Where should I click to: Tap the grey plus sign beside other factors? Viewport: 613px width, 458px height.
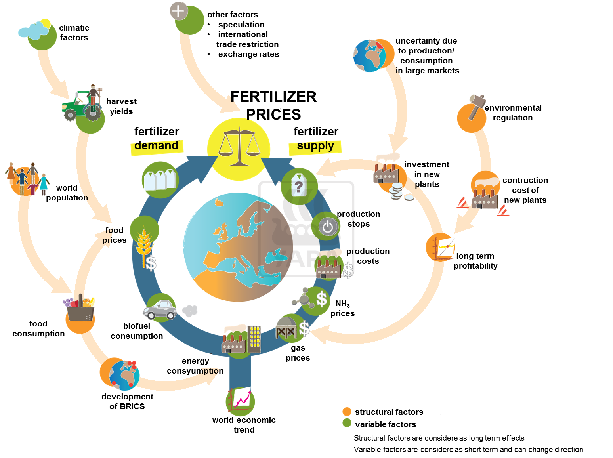(x=179, y=11)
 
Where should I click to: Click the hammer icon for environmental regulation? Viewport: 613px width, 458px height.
(x=476, y=106)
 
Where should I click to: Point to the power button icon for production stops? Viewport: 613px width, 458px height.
(x=327, y=227)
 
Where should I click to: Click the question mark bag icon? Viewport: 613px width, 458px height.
(x=298, y=185)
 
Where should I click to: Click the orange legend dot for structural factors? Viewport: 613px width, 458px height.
(x=347, y=412)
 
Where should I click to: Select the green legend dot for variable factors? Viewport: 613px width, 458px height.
(x=347, y=423)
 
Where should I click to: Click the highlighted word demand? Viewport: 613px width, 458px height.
(x=157, y=146)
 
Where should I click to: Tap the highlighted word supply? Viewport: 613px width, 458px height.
(x=315, y=146)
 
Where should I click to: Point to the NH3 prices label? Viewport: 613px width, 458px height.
(x=342, y=308)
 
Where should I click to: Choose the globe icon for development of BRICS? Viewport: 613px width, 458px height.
(x=124, y=374)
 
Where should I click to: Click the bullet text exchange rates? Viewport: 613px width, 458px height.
(x=248, y=54)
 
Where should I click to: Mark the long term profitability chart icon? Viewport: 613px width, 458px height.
(x=441, y=247)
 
